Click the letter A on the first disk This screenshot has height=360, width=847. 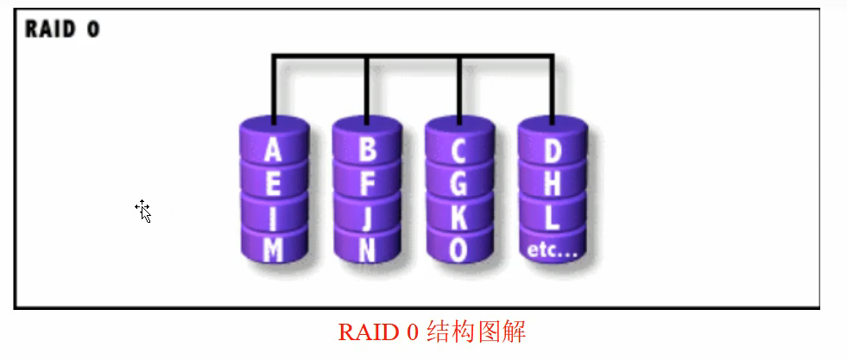coord(273,151)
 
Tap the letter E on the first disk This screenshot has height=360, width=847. coord(273,184)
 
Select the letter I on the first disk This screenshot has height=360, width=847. coord(274,217)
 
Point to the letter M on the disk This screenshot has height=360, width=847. coord(274,249)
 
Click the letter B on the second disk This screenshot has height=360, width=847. coord(367,151)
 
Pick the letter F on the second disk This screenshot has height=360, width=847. coord(367,184)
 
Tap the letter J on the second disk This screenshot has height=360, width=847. coord(367,217)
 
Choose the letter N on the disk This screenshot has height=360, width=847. coord(367,249)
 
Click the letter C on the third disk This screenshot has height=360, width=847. coord(459,151)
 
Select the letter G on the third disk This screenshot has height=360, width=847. coord(459,184)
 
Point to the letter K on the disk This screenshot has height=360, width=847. coord(459,217)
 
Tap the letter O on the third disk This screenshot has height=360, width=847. coord(459,249)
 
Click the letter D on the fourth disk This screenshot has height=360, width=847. coord(552,151)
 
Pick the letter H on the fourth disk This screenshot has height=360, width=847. coord(552,184)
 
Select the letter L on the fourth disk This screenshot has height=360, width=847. coord(552,217)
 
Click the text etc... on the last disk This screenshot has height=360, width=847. coord(553,251)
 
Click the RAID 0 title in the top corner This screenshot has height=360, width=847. coord(62,29)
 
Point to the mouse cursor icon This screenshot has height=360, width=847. coord(143,211)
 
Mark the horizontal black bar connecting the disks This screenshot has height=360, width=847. coord(413,57)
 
